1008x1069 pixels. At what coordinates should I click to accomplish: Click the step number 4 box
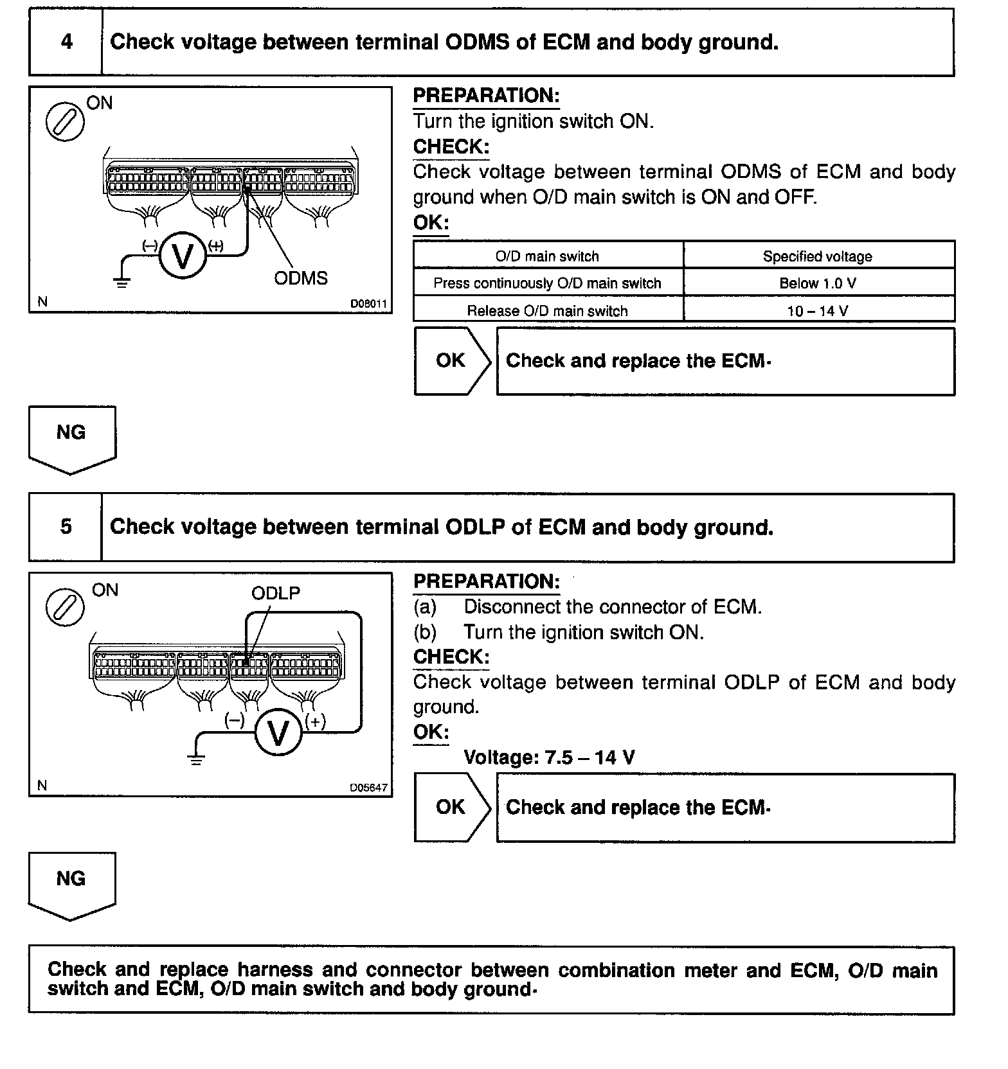(66, 42)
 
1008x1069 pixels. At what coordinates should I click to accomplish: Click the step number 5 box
(66, 527)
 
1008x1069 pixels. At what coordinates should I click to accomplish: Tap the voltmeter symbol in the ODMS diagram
(183, 256)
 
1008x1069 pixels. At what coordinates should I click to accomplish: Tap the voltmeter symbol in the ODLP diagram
(278, 732)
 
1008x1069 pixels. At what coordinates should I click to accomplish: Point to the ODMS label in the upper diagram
(300, 278)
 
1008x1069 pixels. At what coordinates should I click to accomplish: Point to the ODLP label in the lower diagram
(276, 593)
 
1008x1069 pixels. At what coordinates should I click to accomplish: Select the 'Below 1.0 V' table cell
(818, 283)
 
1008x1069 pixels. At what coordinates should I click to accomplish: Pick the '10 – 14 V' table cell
(818, 311)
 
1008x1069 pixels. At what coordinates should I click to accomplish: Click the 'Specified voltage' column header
(818, 256)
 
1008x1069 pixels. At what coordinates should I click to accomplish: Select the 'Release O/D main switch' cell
(547, 311)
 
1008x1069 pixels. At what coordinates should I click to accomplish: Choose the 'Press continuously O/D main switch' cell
(547, 283)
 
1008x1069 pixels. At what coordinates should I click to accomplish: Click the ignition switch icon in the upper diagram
(65, 121)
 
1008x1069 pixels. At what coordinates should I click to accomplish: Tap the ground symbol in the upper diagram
(122, 280)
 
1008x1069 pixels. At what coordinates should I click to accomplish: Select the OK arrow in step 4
(452, 361)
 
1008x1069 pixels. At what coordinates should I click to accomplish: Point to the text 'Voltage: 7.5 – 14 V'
(549, 757)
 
